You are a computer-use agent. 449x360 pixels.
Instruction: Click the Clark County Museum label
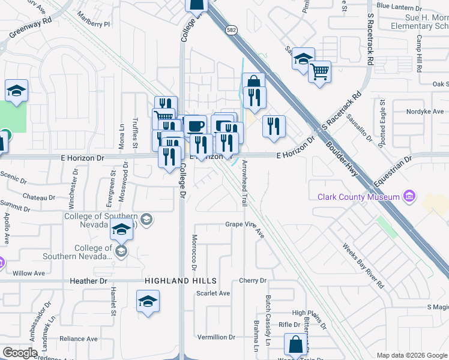(x=359, y=197)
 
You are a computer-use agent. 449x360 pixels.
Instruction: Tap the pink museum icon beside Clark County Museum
(x=409, y=196)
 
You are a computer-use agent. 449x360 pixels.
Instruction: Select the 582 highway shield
(x=231, y=29)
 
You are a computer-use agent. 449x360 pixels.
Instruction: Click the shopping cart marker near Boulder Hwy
(x=320, y=72)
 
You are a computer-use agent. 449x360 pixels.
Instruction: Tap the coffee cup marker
(x=195, y=126)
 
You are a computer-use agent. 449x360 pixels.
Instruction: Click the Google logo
(x=20, y=353)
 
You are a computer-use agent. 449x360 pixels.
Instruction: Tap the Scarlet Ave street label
(x=213, y=293)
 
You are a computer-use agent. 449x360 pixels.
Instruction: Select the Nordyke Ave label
(x=425, y=112)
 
